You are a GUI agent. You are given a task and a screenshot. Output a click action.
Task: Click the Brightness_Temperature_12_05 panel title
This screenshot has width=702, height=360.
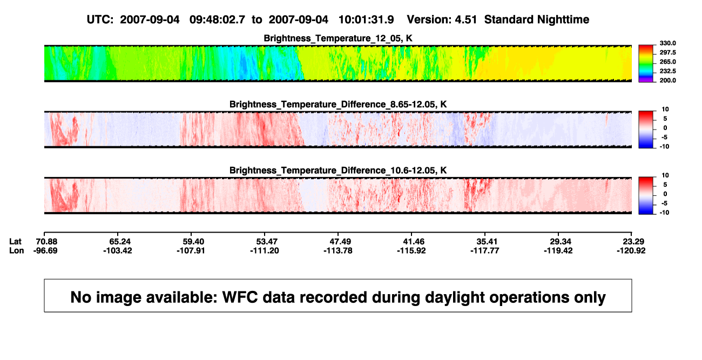(338, 38)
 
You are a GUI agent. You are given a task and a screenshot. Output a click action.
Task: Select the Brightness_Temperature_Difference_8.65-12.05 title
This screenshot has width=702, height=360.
(338, 104)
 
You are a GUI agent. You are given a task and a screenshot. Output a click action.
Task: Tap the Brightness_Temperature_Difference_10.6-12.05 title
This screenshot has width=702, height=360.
(338, 171)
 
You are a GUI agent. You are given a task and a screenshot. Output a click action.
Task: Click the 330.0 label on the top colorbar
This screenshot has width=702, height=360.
(667, 43)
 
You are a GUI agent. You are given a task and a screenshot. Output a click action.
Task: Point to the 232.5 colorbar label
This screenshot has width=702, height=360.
(667, 71)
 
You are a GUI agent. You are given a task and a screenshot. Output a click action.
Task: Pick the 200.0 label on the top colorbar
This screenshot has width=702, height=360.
(667, 80)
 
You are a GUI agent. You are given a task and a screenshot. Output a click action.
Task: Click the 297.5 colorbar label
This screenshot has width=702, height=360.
(667, 53)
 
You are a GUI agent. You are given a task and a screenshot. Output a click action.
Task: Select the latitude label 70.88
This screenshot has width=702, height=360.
(46, 242)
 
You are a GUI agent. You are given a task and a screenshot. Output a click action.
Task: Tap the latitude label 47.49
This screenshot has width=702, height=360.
(340, 242)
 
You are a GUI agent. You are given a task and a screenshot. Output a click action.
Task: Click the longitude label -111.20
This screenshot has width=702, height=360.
(265, 250)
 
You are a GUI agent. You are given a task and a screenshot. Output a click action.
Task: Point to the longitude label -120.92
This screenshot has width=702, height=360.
(631, 250)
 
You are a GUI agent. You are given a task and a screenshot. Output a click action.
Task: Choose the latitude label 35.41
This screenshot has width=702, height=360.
(487, 242)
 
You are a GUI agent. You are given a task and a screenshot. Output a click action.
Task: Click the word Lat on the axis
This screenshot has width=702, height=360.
(15, 242)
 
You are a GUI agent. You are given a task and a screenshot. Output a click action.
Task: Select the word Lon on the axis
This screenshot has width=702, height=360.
(17, 250)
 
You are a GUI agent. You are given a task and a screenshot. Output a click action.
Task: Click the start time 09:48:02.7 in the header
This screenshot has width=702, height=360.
(217, 20)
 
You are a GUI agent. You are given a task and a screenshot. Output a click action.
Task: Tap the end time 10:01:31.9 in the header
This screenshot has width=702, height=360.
(366, 20)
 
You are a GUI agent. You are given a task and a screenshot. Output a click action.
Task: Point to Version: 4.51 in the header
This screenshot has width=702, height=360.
(442, 20)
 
